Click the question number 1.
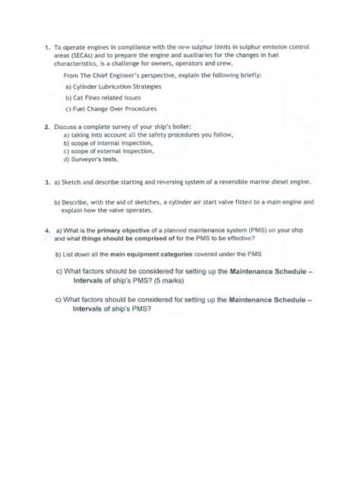click(x=48, y=46)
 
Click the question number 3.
click(x=48, y=182)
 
